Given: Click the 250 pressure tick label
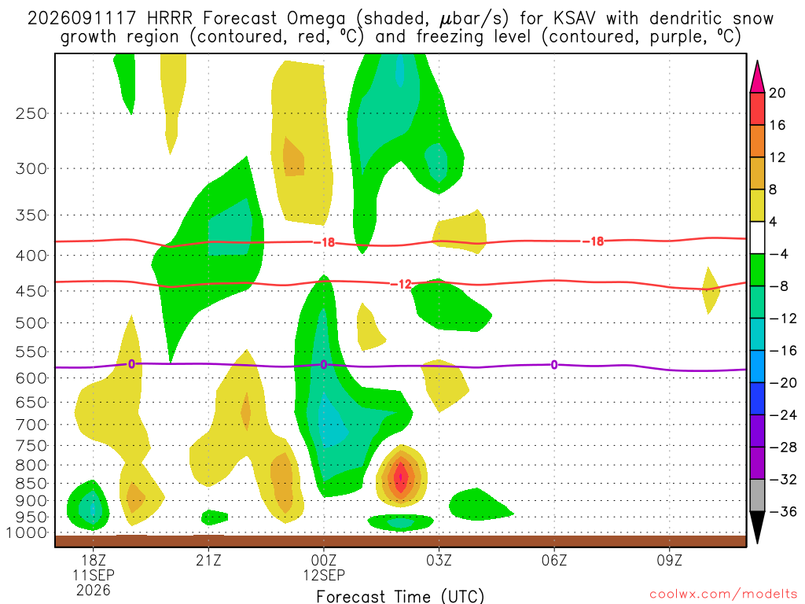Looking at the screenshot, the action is [31, 113].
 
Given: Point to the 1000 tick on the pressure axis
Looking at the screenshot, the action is [27, 532].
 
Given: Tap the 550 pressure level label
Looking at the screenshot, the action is [31, 352].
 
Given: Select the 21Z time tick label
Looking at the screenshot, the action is [208, 560].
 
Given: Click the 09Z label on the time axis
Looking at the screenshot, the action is [670, 560].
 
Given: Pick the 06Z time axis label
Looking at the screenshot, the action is [554, 560].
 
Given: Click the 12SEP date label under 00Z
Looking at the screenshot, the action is [323, 575].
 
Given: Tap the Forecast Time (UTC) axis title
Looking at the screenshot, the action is [400, 596].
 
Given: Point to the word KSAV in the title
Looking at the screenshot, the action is [575, 19].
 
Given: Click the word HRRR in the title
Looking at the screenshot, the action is [170, 19].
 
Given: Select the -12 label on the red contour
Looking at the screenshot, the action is [401, 284].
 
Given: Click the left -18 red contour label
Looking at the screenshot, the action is [324, 242].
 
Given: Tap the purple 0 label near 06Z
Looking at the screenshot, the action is [554, 365].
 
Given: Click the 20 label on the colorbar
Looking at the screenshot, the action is [777, 93].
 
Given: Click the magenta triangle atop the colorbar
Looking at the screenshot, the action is [757, 77].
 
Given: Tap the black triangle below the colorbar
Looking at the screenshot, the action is [757, 527].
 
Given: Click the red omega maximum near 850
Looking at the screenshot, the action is [401, 477].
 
